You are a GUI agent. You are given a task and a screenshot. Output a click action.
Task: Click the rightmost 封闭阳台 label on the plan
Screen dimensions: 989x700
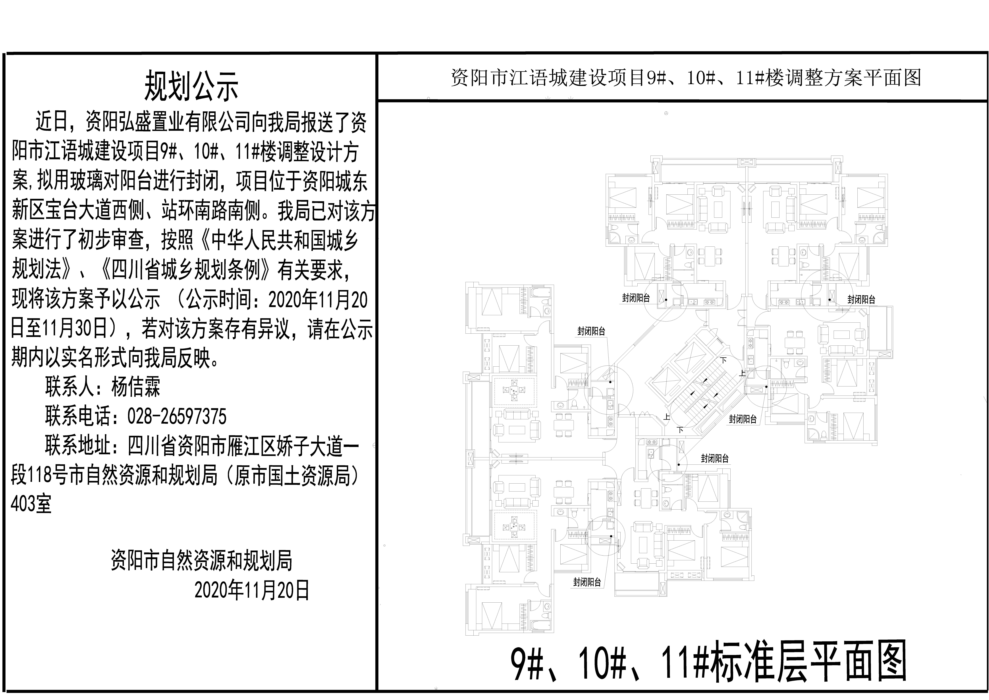861,299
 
